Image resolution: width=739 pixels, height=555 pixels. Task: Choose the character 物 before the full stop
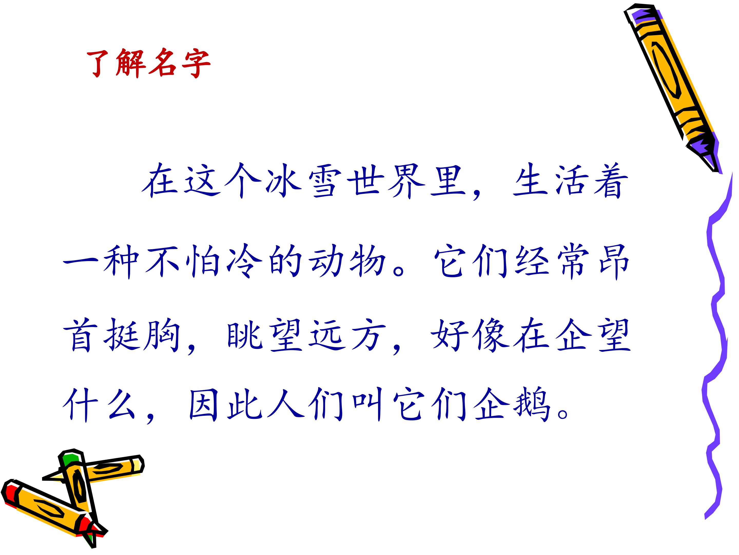click(x=367, y=261)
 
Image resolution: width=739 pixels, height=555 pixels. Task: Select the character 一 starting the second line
click(x=80, y=261)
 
